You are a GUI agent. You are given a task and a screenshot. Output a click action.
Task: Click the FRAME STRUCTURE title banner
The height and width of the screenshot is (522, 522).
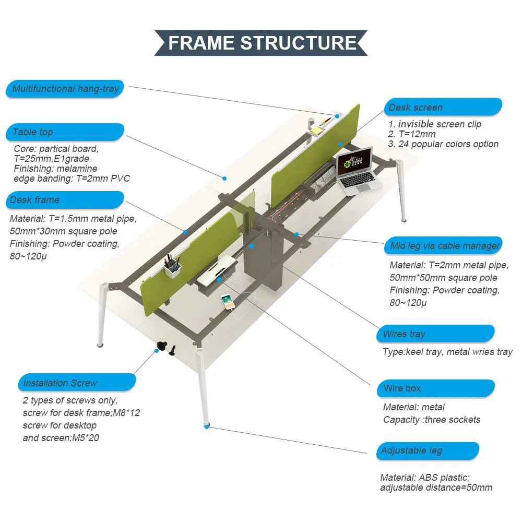261,42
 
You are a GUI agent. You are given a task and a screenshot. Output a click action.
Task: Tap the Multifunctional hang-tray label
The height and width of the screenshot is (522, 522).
66,89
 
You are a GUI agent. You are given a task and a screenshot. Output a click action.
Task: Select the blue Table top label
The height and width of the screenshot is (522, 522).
65,132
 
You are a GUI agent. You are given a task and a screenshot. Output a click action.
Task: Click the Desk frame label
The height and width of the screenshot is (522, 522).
65,200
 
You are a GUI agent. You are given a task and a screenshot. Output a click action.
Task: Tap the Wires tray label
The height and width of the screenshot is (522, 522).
435,334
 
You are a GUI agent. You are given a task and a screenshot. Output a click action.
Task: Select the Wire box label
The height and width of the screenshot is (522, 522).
435,388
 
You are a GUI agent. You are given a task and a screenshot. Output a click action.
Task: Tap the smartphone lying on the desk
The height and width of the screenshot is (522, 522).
227,301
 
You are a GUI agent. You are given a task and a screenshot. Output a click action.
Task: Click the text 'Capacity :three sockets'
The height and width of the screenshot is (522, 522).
431,420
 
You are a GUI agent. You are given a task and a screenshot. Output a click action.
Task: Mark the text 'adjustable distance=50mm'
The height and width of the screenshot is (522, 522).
436,488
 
